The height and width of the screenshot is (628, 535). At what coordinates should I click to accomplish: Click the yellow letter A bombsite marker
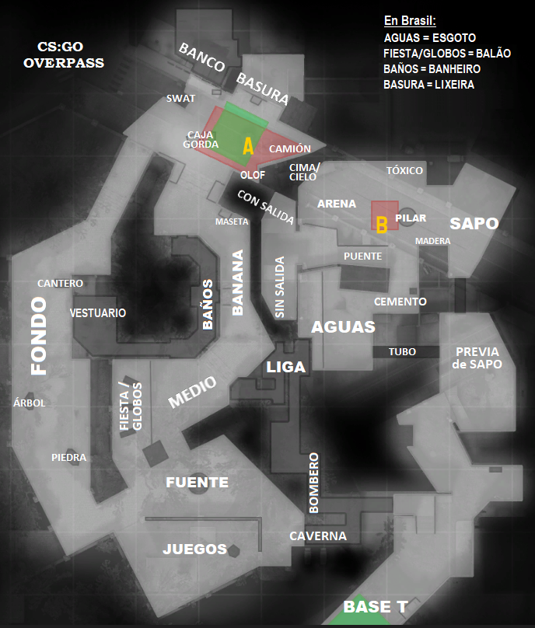(248, 146)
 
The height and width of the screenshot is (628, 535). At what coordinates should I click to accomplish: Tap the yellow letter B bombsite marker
(381, 225)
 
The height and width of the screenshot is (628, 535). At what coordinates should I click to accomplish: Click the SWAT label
(180, 99)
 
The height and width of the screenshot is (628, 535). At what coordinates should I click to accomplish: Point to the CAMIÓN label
(289, 148)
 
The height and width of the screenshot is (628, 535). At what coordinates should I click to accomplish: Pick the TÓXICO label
(404, 170)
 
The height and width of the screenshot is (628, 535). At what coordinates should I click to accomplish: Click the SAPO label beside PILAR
(474, 223)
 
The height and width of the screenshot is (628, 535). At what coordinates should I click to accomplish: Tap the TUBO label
(402, 352)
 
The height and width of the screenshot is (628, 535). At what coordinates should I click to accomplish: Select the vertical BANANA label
(238, 281)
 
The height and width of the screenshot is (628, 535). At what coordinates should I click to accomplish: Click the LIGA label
(286, 367)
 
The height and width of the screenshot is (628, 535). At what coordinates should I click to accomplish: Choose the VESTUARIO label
(97, 312)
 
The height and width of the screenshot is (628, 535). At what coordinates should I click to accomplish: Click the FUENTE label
(197, 483)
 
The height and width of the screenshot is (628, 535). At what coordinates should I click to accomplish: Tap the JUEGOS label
(194, 549)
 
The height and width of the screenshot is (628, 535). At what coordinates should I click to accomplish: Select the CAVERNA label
(318, 536)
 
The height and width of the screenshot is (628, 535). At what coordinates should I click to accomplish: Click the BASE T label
(376, 606)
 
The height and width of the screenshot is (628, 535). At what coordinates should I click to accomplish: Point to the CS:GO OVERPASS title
(64, 54)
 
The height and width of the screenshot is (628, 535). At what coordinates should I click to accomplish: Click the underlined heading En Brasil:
(410, 21)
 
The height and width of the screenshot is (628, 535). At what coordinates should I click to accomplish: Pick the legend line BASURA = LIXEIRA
(428, 84)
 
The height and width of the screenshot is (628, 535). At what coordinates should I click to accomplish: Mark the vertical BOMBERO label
(314, 482)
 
